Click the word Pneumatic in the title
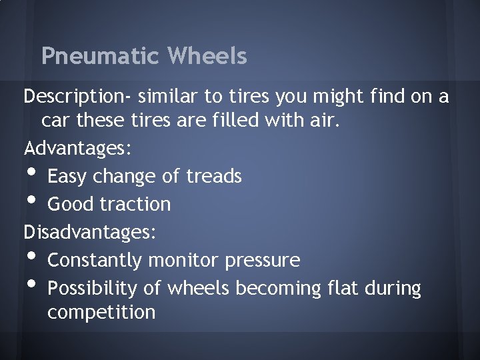99,56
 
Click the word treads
214,177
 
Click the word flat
343,288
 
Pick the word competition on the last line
101,312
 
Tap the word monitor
185,260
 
